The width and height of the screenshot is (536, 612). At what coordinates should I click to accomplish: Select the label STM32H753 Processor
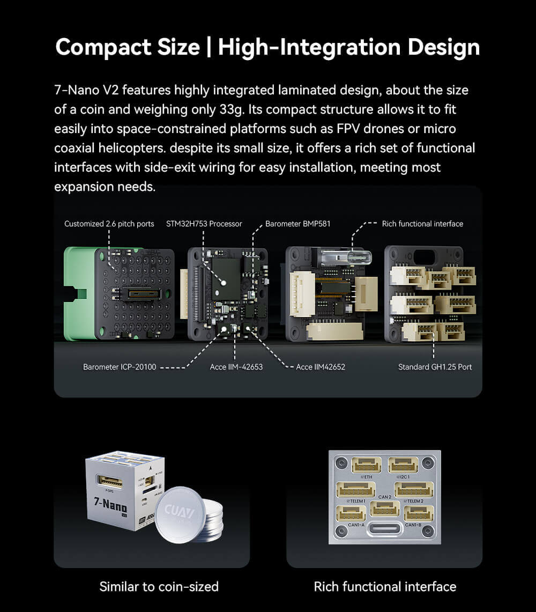point(204,224)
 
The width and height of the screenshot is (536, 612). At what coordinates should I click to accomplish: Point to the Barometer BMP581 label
point(297,224)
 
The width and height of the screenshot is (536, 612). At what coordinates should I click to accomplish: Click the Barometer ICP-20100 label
point(120,367)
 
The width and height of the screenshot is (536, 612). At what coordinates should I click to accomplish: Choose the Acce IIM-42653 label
point(236,367)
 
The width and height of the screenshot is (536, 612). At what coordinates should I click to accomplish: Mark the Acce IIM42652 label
point(321,367)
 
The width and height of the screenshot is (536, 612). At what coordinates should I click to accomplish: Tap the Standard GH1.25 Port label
point(435,367)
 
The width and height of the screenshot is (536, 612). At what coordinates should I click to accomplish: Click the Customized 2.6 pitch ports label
point(109,224)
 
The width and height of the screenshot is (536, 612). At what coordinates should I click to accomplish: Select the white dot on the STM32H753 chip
point(225,282)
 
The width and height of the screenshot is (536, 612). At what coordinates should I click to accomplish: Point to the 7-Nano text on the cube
point(110,505)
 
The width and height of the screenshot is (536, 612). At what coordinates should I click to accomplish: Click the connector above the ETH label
point(367,465)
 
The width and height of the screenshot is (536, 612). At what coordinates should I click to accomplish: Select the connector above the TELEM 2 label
point(413,489)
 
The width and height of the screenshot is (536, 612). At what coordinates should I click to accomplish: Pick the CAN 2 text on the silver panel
point(385,497)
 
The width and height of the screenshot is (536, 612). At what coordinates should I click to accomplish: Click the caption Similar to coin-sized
point(159,587)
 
